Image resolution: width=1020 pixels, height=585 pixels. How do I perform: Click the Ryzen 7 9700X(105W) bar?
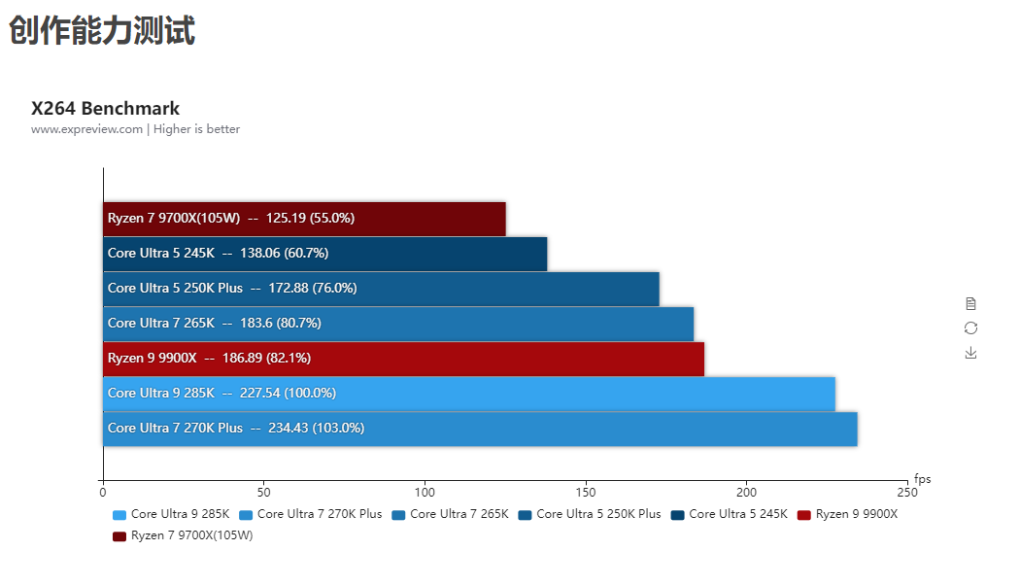point(304,219)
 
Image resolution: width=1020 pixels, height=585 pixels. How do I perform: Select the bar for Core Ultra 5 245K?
point(324,254)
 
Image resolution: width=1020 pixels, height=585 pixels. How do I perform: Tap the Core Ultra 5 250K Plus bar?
point(381,289)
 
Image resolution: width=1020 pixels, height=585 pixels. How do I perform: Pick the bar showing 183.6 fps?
point(398,324)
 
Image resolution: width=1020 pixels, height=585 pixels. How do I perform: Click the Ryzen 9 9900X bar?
point(403,359)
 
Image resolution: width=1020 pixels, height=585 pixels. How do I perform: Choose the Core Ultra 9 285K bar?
point(469,394)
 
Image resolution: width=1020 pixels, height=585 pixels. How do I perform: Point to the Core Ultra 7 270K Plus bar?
point(480,429)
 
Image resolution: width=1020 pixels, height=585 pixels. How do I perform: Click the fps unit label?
point(922,479)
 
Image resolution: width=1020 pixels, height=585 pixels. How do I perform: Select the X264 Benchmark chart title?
point(105,108)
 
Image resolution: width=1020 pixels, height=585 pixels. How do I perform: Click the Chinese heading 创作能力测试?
point(102,30)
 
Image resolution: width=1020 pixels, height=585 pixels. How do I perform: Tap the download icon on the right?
point(970,353)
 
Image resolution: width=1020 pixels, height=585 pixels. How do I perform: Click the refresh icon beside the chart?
point(970,328)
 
